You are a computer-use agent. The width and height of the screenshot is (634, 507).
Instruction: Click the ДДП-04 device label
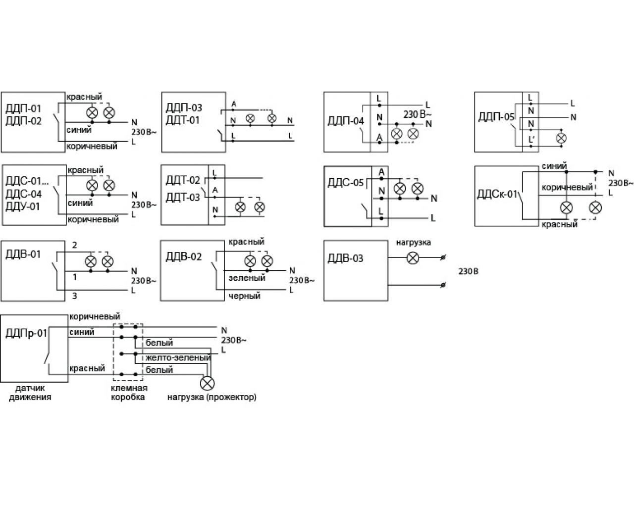[x=346, y=121]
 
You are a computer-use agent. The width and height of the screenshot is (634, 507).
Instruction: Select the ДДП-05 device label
[x=496, y=117]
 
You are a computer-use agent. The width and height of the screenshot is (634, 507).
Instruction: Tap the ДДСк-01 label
[x=497, y=195]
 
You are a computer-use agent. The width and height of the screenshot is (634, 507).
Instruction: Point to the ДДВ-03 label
[x=346, y=258]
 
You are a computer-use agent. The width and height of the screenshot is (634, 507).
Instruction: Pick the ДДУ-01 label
[x=23, y=206]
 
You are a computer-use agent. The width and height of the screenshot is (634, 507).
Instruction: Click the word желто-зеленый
[x=178, y=357]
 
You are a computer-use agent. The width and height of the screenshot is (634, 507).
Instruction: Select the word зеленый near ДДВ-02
[x=247, y=278]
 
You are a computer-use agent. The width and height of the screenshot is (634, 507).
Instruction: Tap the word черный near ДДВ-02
[x=245, y=296]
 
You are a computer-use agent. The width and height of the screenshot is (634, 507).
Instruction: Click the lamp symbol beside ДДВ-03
[x=413, y=258]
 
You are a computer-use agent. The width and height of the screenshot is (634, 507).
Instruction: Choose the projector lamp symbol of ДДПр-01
[x=207, y=383]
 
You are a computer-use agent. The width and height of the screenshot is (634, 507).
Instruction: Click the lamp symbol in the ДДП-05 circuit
[x=561, y=138]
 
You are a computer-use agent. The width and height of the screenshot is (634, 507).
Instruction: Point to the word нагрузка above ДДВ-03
[x=413, y=243]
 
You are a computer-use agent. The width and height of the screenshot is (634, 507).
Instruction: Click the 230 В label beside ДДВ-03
[x=468, y=271]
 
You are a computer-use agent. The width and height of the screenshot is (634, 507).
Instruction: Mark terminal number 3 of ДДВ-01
[x=74, y=296]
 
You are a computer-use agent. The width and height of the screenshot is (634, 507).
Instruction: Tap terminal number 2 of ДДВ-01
[x=74, y=245]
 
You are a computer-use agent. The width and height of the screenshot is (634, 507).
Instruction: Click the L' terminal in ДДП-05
[x=531, y=139]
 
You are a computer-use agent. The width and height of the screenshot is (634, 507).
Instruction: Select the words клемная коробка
[x=129, y=393]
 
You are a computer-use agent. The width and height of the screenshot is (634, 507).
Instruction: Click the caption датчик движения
[x=30, y=393]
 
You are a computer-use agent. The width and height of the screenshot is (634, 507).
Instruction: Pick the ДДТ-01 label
[x=183, y=120]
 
